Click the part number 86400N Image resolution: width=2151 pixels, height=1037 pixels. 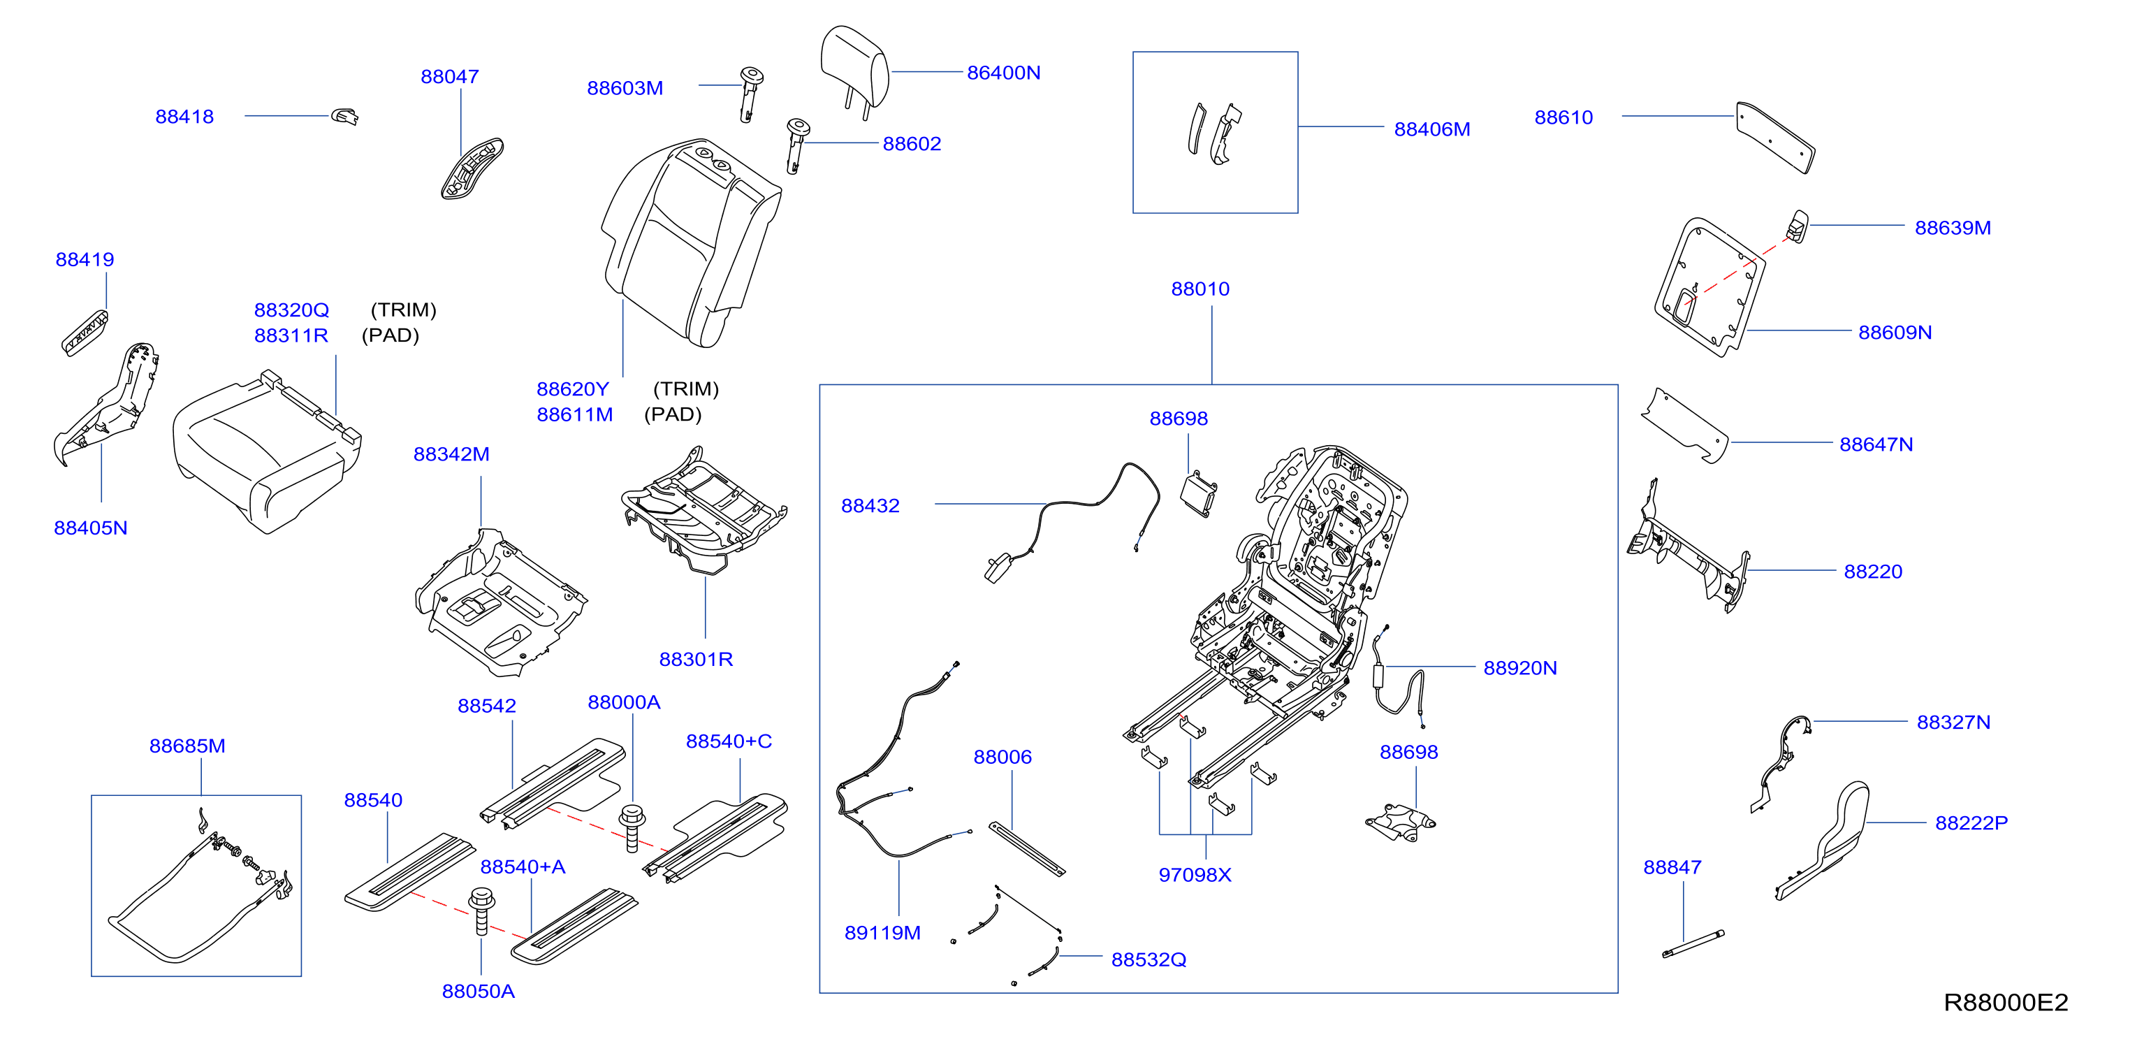point(1003,73)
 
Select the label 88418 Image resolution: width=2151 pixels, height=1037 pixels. point(184,117)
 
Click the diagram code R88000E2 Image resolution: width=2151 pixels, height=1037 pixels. point(2006,1002)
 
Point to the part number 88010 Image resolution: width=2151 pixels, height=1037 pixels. point(1200,289)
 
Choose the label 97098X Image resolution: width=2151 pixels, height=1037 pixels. point(1195,875)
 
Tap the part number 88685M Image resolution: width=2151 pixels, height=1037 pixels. point(187,746)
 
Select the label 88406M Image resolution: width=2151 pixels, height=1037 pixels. point(1432,129)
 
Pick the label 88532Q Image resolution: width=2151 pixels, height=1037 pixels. point(1148,960)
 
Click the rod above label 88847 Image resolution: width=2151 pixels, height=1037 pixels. point(1693,943)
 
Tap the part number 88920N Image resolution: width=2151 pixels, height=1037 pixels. point(1519,668)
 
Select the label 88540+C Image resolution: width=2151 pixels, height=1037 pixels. point(729,741)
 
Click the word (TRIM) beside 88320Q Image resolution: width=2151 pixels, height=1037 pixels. point(403,310)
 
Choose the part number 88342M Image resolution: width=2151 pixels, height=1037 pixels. point(452,454)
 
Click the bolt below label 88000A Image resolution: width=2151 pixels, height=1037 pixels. point(632,828)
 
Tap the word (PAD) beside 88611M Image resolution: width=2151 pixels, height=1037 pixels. point(673,415)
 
